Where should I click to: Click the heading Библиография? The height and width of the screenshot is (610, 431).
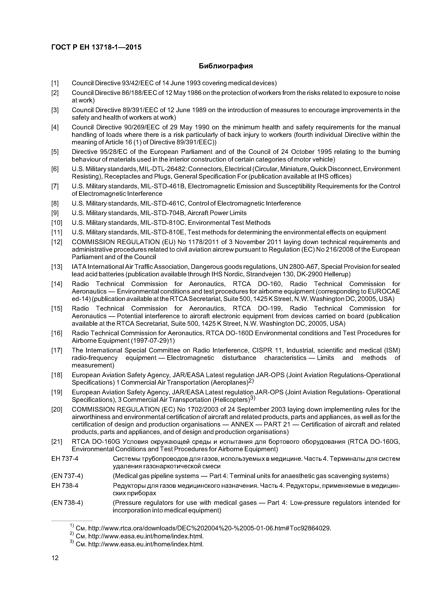pos(226,66)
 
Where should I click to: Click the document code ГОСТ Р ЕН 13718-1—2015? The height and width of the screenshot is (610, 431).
pos(96,47)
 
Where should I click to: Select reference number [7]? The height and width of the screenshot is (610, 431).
pos(55,186)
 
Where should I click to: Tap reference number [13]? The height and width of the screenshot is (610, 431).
pos(56,267)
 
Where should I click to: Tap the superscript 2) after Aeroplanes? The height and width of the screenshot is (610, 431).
pos(251,381)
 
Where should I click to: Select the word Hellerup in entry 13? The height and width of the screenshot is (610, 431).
pos(335,274)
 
